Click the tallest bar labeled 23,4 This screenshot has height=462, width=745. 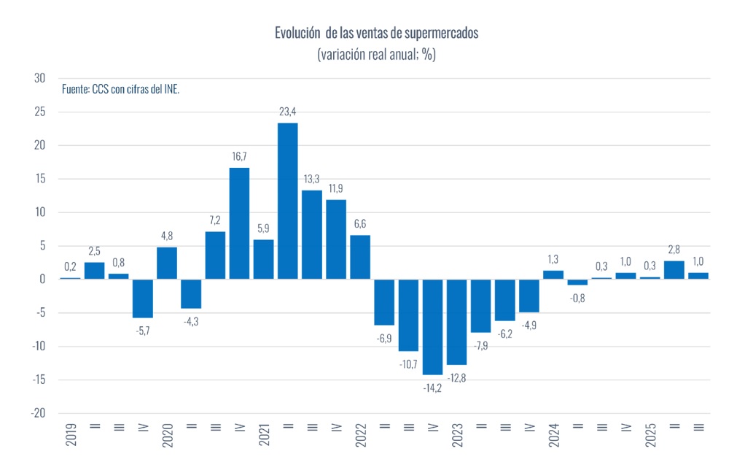click(288, 201)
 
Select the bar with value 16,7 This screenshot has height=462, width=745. click(240, 223)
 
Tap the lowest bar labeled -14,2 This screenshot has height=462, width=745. click(433, 327)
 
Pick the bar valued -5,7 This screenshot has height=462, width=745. click(143, 299)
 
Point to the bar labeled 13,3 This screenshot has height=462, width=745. click(312, 234)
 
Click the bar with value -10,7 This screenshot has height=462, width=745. click(408, 315)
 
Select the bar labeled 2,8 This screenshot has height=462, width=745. click(674, 270)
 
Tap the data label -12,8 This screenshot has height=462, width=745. click(456, 377)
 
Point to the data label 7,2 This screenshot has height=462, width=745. click(215, 220)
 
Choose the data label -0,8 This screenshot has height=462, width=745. click(577, 297)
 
